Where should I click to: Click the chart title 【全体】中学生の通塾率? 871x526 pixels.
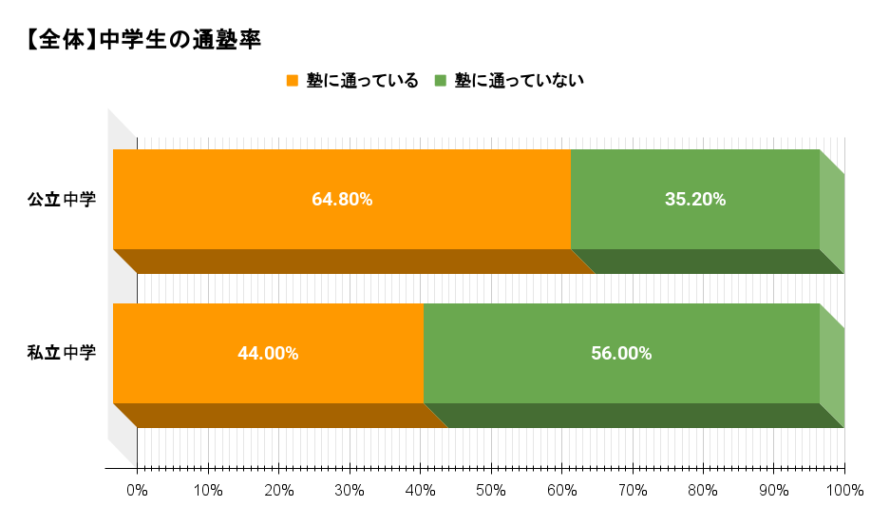(x=143, y=40)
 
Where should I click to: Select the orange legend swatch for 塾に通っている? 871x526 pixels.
(x=293, y=81)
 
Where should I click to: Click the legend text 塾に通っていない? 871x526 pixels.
(x=519, y=81)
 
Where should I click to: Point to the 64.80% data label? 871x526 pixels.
(x=342, y=200)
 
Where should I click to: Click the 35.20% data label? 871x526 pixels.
(x=695, y=200)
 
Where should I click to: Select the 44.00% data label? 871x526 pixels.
(x=268, y=354)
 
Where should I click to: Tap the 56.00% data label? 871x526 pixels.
(x=621, y=354)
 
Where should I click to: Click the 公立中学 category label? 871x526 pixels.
(x=62, y=200)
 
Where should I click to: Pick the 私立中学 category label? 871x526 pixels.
(x=62, y=354)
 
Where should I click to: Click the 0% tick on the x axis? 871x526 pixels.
(x=138, y=491)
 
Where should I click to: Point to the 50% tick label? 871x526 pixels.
(x=491, y=491)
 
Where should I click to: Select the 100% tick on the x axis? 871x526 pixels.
(x=844, y=491)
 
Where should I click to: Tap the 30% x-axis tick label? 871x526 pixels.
(x=350, y=491)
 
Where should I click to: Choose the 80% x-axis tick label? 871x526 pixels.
(x=703, y=491)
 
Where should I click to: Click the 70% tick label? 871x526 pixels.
(x=633, y=491)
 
